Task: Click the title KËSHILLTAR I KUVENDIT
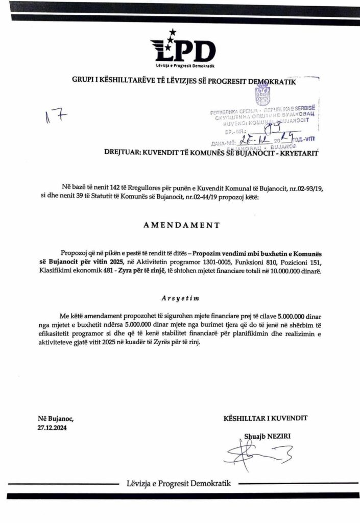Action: (266, 418)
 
